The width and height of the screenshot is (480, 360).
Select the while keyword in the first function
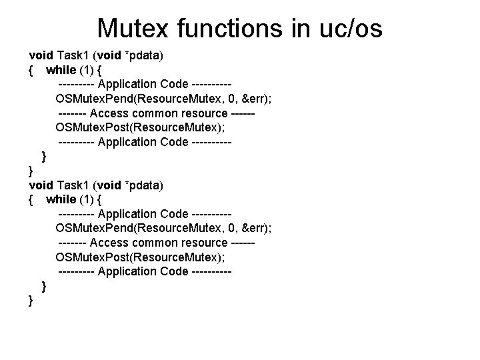pos(61,69)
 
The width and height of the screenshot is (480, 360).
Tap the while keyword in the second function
pos(61,199)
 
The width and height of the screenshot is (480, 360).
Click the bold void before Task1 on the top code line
pos(41,55)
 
